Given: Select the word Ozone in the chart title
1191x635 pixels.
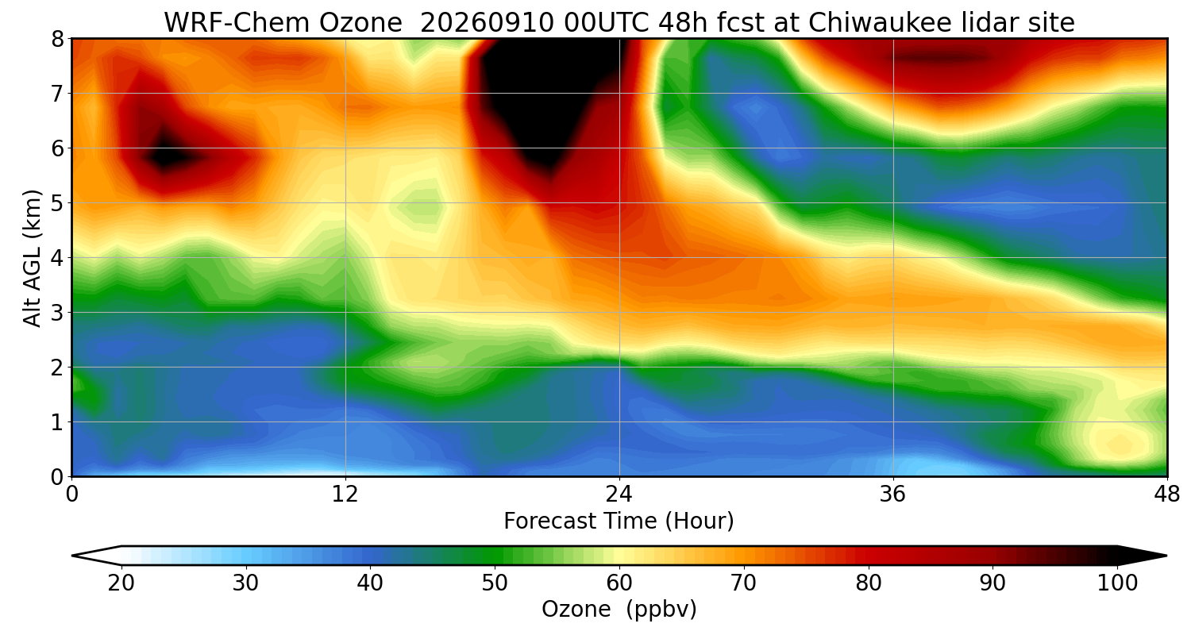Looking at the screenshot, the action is pos(360,22).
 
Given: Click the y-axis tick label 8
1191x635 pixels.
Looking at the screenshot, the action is pos(57,40).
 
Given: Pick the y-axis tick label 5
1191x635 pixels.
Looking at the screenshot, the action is pos(57,203).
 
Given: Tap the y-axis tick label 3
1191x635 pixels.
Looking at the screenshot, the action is pos(57,313).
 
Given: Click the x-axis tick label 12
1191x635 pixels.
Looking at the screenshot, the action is pos(345,495).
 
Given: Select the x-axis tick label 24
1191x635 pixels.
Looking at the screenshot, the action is pos(619,495).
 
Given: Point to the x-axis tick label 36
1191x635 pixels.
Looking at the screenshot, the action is pos(892,495).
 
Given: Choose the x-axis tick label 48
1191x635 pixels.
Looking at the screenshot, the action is pos(1166,495).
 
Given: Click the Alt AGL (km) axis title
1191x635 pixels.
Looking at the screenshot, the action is pos(32,258).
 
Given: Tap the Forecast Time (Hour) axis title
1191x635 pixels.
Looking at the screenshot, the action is pos(619,521).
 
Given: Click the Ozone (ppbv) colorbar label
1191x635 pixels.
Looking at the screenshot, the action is pos(619,610).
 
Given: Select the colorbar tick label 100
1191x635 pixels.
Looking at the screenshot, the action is pos(1117,583).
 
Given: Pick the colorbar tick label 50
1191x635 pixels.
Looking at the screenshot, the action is pos(495,583).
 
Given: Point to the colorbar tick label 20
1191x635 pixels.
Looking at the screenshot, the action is pos(121,583).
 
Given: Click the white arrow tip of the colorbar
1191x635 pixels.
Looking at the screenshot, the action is pos(73,556).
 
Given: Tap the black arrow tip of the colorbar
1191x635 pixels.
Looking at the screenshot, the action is pos(1166,556).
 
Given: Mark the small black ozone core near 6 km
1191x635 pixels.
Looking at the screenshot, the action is pos(166,156).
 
